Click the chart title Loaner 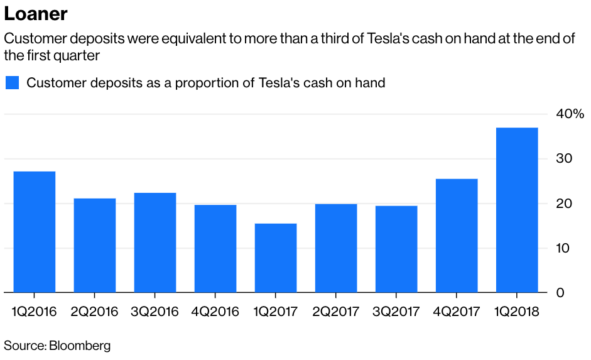pyautogui.click(x=36, y=14)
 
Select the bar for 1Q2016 pyautogui.click(x=34, y=232)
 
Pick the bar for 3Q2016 pyautogui.click(x=155, y=243)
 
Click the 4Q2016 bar pyautogui.click(x=215, y=248)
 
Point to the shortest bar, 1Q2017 pyautogui.click(x=276, y=258)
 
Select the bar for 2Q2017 pyautogui.click(x=336, y=248)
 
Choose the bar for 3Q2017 pyautogui.click(x=396, y=249)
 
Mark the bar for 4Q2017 pyautogui.click(x=457, y=236)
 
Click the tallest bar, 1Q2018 pyautogui.click(x=517, y=210)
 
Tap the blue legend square pyautogui.click(x=13, y=83)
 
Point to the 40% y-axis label pyautogui.click(x=570, y=114)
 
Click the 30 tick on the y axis pyautogui.click(x=563, y=159)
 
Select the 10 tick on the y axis pyautogui.click(x=563, y=248)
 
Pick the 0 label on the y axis pyautogui.click(x=560, y=293)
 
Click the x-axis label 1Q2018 pyautogui.click(x=517, y=312)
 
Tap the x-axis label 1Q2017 pyautogui.click(x=276, y=312)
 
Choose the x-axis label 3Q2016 pyautogui.click(x=155, y=312)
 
